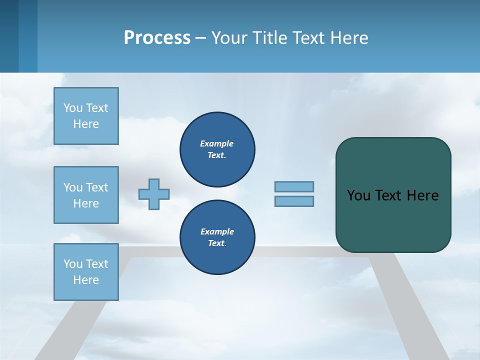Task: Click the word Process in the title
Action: [x=157, y=38]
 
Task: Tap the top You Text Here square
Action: [x=86, y=116]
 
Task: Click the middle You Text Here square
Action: [x=86, y=195]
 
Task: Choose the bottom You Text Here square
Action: [x=86, y=272]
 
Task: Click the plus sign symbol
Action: [x=154, y=194]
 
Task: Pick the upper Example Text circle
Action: [x=217, y=149]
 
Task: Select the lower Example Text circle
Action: [x=217, y=237]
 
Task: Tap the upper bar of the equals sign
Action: [x=294, y=186]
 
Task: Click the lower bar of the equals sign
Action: [x=294, y=201]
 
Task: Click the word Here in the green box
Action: [x=422, y=195]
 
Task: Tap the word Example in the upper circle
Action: [x=216, y=143]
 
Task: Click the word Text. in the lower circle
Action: [x=217, y=243]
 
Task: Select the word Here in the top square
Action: [x=86, y=124]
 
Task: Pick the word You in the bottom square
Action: [x=73, y=264]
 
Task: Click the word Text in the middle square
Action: [x=97, y=187]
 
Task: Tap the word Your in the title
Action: [x=229, y=38]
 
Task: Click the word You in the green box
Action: [x=358, y=195]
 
